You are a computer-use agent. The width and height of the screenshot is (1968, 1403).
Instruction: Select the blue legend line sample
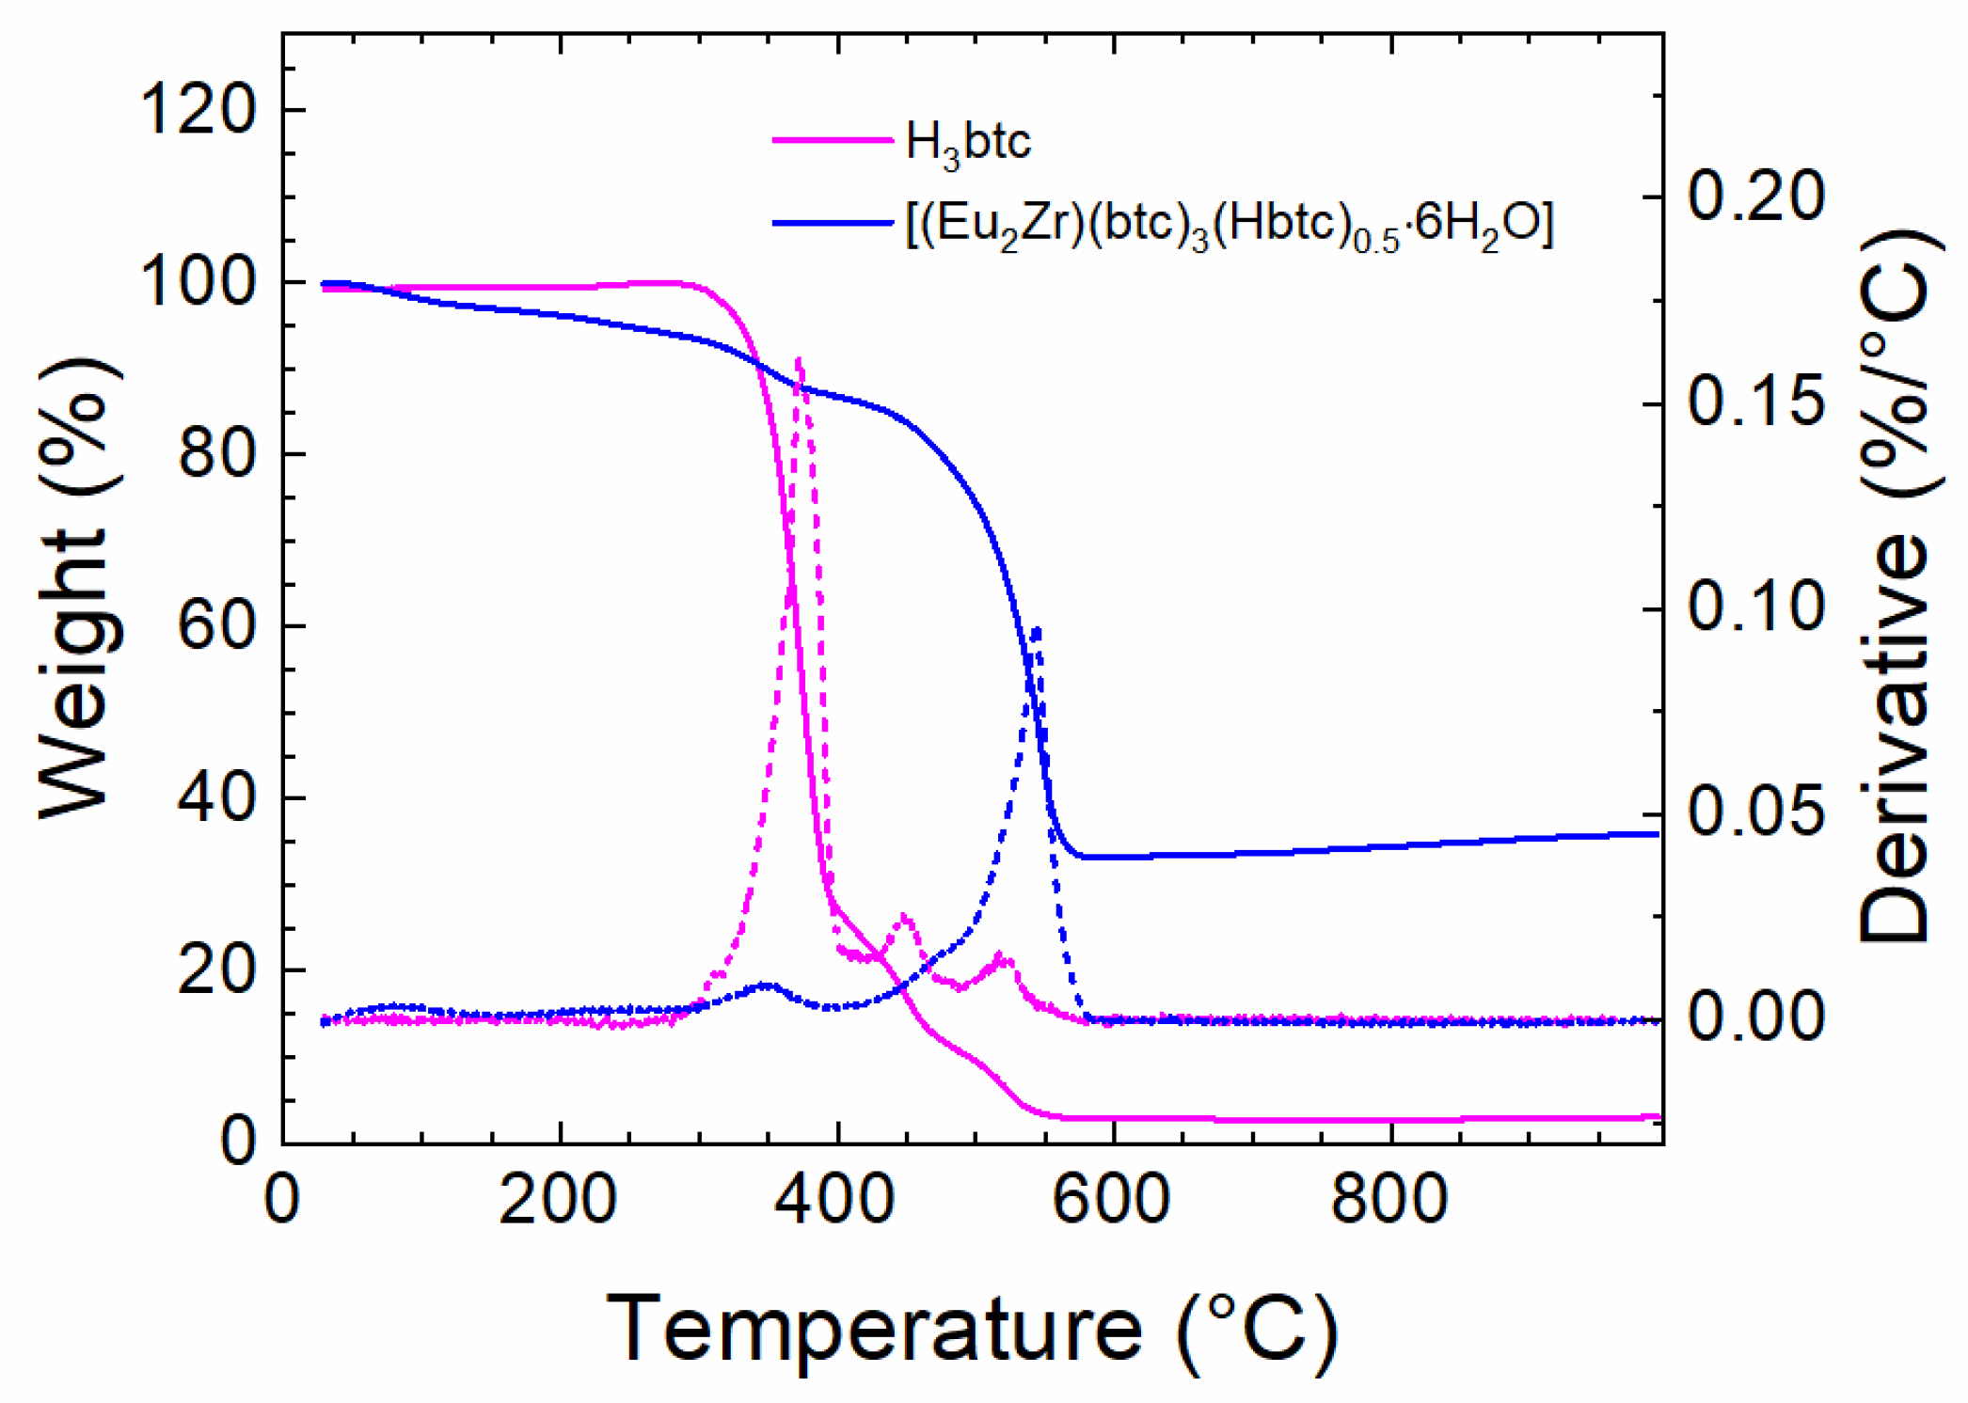point(833,224)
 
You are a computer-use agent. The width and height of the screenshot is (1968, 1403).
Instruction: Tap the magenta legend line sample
point(833,140)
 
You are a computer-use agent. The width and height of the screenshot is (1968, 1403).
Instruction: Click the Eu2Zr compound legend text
point(1229,227)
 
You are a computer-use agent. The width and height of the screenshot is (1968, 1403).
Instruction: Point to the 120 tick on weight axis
point(197,110)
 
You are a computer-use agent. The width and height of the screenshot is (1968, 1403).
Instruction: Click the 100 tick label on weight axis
point(197,282)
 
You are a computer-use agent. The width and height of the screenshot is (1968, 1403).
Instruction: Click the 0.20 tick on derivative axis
point(1755,197)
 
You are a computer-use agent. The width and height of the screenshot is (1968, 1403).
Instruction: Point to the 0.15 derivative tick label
point(1755,402)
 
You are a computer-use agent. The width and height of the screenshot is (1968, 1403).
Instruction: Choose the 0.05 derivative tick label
point(1755,813)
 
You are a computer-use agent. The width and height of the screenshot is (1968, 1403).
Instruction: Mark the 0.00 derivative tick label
point(1755,1018)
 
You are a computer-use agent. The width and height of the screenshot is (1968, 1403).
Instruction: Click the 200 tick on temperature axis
point(558,1200)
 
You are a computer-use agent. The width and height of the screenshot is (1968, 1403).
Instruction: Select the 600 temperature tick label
point(1112,1200)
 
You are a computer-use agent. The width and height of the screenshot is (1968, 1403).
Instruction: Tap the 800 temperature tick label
point(1389,1200)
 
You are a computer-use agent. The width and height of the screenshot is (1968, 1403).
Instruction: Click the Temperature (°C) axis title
point(971,1330)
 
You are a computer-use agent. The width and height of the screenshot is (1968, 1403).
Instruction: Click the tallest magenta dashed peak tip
point(799,359)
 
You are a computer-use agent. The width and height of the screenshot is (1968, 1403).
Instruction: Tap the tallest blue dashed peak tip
point(1037,627)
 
